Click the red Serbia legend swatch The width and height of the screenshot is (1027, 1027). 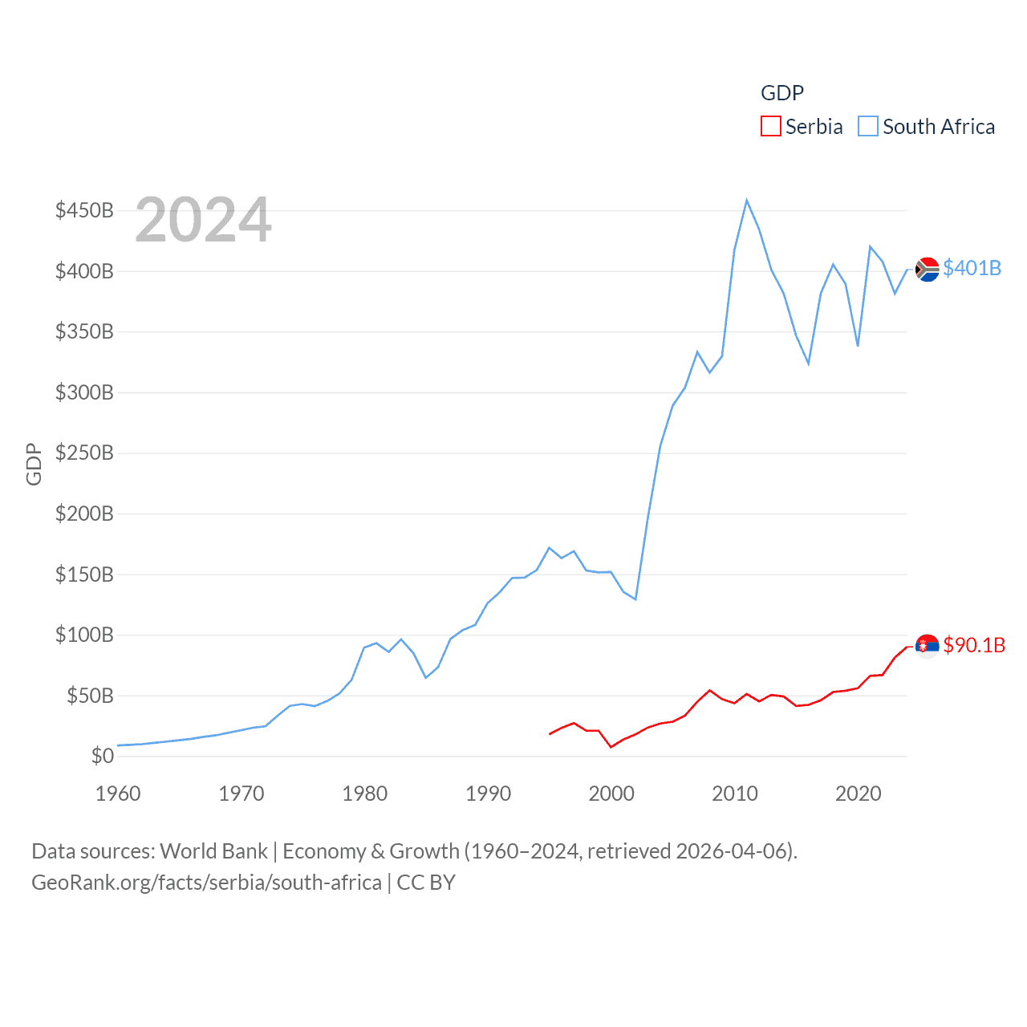(x=770, y=127)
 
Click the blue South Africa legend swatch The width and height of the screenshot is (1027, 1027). (x=868, y=127)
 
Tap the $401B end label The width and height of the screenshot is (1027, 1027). (x=972, y=268)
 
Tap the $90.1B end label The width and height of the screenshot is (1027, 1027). (x=974, y=645)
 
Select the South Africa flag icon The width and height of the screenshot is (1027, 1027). (x=928, y=270)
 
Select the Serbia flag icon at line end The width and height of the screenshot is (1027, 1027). (x=928, y=646)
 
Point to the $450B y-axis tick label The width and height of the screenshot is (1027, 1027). (x=84, y=210)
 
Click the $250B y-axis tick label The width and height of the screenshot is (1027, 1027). (x=84, y=453)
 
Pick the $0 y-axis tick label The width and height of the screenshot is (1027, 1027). (x=102, y=756)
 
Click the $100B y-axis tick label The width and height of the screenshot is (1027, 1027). (x=84, y=635)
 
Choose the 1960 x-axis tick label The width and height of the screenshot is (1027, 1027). (x=118, y=794)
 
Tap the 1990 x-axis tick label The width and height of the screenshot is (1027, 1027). (x=488, y=794)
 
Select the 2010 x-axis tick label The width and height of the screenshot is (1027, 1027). (x=735, y=794)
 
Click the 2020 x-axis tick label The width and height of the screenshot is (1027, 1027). (x=859, y=794)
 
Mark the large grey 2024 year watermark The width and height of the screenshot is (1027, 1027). (x=203, y=220)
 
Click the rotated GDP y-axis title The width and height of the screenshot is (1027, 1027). (x=34, y=464)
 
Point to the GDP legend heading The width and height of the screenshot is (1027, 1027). (x=782, y=93)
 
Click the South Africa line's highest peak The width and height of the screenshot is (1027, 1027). (x=746, y=201)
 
